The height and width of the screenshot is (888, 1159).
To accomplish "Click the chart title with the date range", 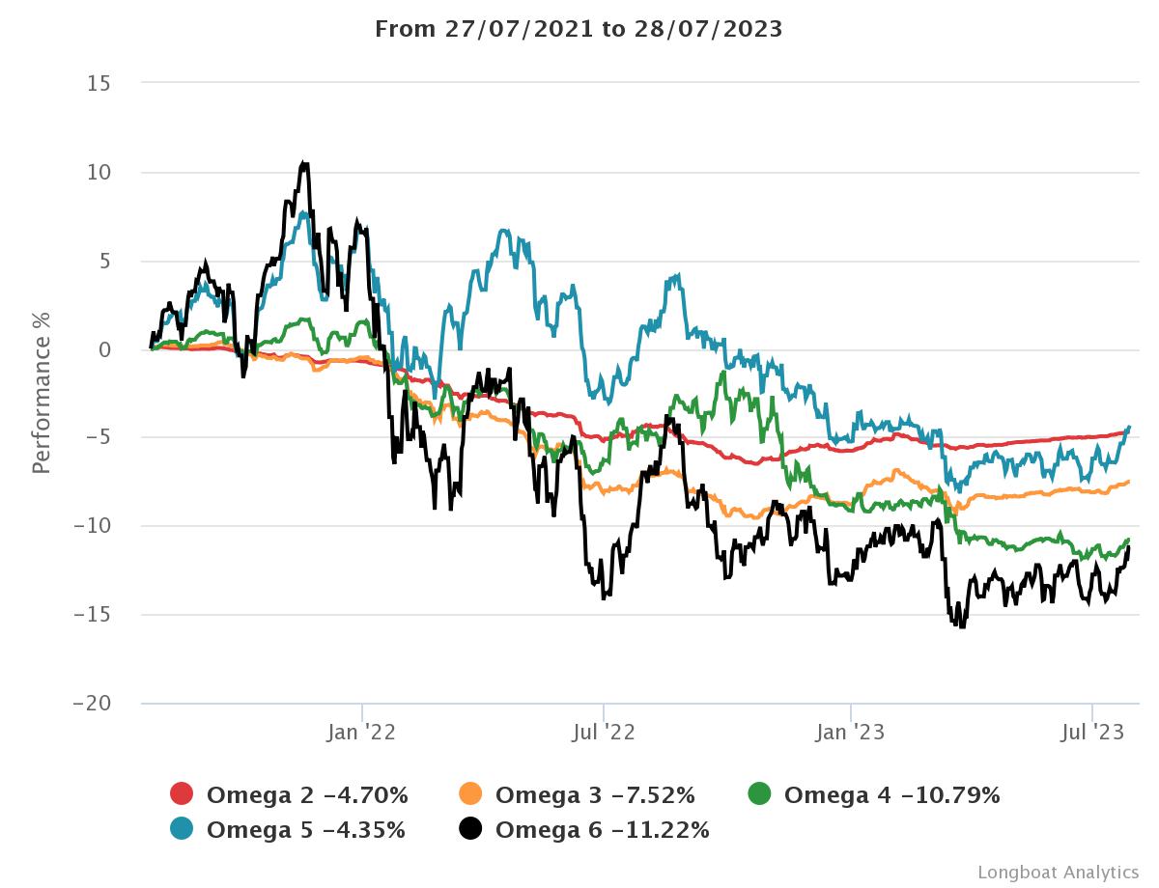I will tap(579, 29).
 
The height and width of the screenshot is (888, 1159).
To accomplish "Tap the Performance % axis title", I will tap(41, 391).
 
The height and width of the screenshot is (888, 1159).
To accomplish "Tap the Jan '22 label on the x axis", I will tap(361, 734).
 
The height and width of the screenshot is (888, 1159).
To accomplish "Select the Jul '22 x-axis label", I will tap(604, 734).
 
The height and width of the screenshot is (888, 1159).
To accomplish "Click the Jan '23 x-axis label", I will tap(851, 734).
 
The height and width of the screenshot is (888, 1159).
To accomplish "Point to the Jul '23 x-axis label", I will tap(1091, 734).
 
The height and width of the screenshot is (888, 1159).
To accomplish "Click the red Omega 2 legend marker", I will tap(183, 795).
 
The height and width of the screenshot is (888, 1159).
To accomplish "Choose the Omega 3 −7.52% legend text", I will tap(595, 795).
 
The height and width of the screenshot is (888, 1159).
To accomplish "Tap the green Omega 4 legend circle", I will tap(760, 795).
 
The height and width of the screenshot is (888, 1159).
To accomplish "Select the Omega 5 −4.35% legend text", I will tap(306, 829).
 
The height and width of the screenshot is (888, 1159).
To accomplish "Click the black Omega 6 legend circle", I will tap(471, 829).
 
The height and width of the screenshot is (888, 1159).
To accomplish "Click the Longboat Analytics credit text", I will tap(1058, 873).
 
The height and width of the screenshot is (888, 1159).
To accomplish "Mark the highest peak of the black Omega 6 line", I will tap(304, 163).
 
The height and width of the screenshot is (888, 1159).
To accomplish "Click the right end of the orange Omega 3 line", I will tap(1128, 483).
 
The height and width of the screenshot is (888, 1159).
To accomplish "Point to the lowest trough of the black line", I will tap(961, 627).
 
